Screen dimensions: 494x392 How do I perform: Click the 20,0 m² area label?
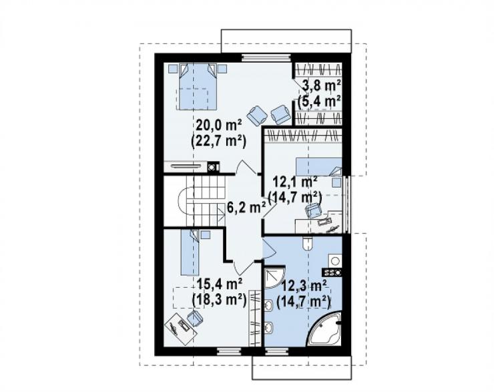[219, 126]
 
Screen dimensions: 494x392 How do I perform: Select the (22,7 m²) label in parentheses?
[219, 141]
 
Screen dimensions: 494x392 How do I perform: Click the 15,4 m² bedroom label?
[219, 284]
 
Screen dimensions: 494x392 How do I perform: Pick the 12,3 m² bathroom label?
[303, 286]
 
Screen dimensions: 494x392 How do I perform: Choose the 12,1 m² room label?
[294, 182]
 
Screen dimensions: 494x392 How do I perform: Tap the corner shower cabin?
[274, 278]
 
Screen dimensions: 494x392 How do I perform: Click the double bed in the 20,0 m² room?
[198, 86]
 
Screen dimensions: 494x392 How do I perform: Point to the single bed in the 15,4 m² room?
[190, 252]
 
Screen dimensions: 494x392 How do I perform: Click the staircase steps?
[206, 201]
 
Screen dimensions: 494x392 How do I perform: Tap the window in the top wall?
[266, 57]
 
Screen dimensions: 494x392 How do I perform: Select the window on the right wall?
[346, 204]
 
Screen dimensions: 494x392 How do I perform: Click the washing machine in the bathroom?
[335, 261]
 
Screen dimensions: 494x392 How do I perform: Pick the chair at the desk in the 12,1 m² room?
[313, 210]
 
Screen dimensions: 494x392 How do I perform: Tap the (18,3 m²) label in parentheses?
[219, 299]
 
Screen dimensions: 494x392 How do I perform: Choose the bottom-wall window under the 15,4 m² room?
[229, 351]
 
